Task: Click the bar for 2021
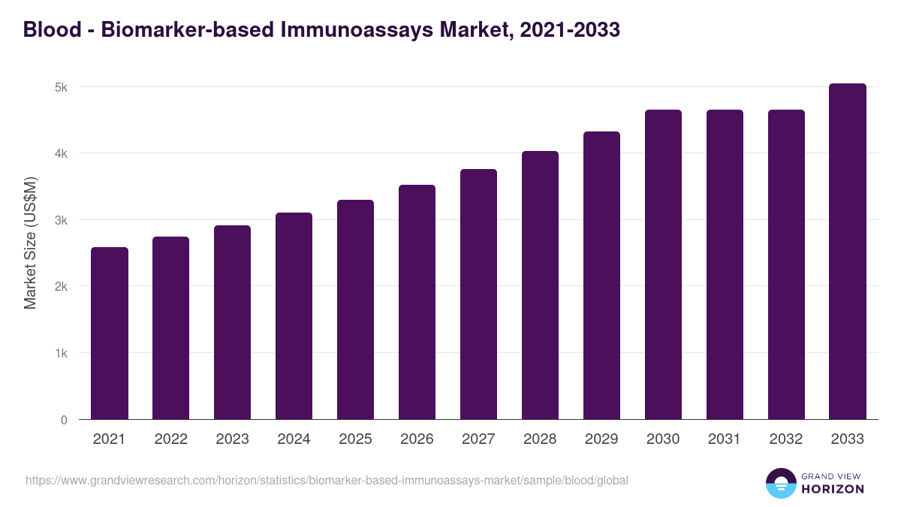click(110, 333)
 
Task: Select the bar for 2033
click(848, 252)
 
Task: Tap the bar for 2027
click(478, 294)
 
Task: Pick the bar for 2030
click(663, 264)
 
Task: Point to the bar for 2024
click(294, 316)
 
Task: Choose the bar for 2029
click(601, 276)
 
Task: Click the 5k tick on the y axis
click(60, 87)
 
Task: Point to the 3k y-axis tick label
click(60, 220)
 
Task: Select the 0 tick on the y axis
click(64, 420)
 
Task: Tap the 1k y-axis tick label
click(60, 353)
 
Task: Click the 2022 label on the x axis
click(170, 439)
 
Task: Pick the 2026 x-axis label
click(417, 439)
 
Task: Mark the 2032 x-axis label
click(786, 439)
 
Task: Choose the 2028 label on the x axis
click(540, 439)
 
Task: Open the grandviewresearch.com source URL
click(327, 480)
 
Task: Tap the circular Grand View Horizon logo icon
click(781, 484)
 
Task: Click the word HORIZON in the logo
click(833, 489)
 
